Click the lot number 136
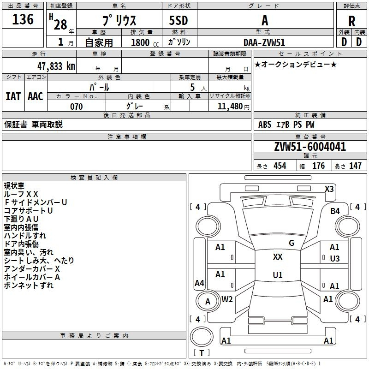[x=23, y=19]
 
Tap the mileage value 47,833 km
[x=56, y=66]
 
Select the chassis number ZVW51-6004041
[x=310, y=147]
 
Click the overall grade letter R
[x=351, y=21]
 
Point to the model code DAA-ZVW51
[x=264, y=42]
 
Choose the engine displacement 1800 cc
[x=145, y=42]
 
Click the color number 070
[x=77, y=107]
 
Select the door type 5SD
[x=179, y=20]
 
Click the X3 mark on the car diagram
[x=329, y=189]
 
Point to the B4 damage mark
[x=335, y=211]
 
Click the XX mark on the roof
[x=278, y=257]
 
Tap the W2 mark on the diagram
[x=227, y=299]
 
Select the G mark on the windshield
[x=292, y=243]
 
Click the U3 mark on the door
[x=335, y=259]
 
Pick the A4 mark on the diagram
[x=199, y=283]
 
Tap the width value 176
[x=318, y=166]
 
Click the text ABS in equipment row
[x=265, y=125]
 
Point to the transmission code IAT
[x=13, y=96]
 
